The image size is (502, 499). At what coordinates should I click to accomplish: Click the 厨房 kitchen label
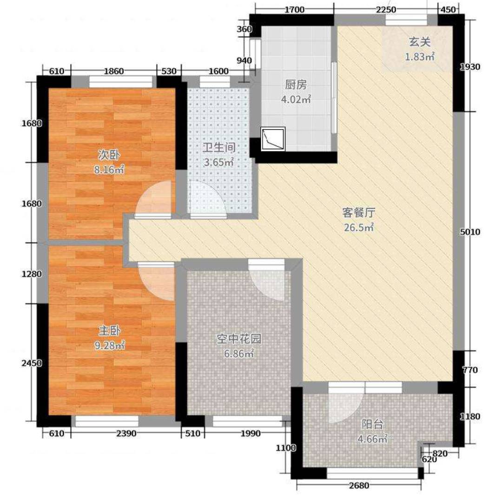point(296,85)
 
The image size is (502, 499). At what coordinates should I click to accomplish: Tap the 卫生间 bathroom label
point(219,147)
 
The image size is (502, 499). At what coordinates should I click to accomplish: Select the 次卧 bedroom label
point(109,155)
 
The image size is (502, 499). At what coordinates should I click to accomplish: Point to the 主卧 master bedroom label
point(110,331)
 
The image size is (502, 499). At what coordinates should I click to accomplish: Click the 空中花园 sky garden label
point(239,339)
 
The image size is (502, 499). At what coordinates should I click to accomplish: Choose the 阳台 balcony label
point(373,424)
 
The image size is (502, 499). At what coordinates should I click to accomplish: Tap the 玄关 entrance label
point(420,42)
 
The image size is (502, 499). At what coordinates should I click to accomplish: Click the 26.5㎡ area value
point(358,227)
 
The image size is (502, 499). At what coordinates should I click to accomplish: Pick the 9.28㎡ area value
point(110,345)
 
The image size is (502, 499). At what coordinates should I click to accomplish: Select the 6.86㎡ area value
point(239,353)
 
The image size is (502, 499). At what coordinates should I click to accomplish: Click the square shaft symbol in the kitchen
point(273,139)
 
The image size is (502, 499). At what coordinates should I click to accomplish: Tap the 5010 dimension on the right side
point(470,232)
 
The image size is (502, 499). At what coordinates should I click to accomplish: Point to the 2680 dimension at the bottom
point(359,486)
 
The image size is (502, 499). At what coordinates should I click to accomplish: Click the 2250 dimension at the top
point(386,9)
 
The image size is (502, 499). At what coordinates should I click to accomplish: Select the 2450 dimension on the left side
point(32,363)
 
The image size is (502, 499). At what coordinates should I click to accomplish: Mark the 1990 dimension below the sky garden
point(251,433)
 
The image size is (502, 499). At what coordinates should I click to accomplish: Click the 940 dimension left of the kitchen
point(244,60)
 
